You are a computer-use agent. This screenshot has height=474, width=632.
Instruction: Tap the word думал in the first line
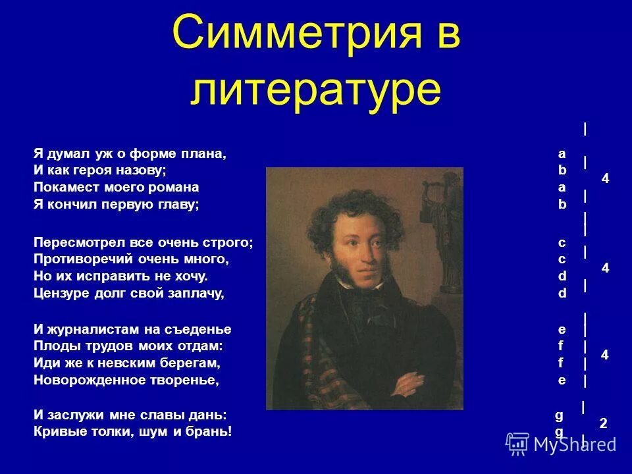coord(67,154)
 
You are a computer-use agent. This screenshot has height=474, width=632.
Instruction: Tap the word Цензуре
coord(60,294)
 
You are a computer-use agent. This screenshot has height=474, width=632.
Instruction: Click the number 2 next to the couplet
coord(603,425)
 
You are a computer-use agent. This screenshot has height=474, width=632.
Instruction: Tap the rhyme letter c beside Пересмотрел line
coord(562,243)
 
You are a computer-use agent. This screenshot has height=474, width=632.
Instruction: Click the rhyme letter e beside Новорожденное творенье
coord(562,380)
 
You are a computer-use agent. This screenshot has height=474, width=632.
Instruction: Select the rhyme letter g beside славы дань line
coord(559,415)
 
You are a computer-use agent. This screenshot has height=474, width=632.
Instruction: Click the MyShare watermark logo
coord(561,443)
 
